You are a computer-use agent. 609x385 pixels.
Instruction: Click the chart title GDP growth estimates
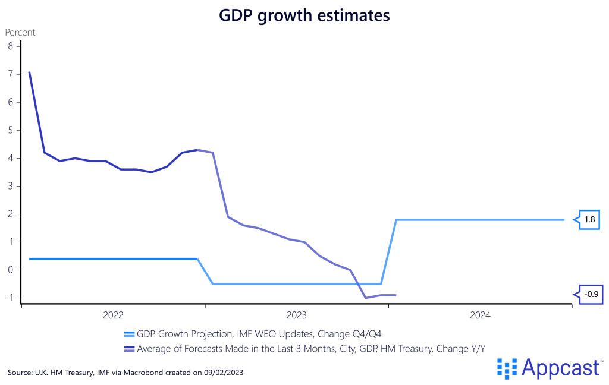click(x=304, y=16)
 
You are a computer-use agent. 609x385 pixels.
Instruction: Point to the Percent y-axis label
click(x=20, y=32)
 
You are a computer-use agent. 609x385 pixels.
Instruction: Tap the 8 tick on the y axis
click(x=10, y=46)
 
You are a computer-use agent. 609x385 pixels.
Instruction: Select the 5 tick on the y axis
click(x=10, y=130)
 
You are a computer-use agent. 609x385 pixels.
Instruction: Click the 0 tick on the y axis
click(x=10, y=270)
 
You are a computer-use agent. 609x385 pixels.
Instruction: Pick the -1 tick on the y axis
click(x=8, y=298)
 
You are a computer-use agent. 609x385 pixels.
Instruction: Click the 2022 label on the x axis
click(x=113, y=315)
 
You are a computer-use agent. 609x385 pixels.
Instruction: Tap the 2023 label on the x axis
click(x=296, y=315)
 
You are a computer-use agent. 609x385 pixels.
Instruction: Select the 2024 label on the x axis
click(x=480, y=315)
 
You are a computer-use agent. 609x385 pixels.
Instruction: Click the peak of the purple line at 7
click(x=29, y=72)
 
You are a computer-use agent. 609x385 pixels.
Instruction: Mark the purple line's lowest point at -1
click(x=366, y=298)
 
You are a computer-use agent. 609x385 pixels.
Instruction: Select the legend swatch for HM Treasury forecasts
click(x=130, y=349)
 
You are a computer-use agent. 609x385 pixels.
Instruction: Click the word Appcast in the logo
click(x=560, y=368)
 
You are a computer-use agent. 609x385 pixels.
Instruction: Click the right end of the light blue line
click(x=564, y=220)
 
